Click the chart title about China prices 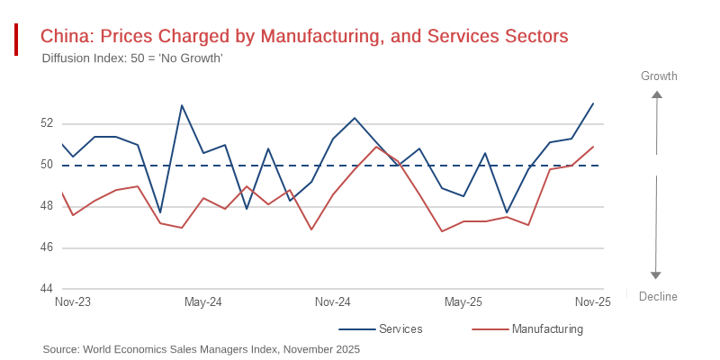coord(304,37)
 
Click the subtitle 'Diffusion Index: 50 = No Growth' coord(132,58)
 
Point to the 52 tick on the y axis coord(47,123)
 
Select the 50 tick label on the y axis coord(47,165)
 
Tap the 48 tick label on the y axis coord(47,206)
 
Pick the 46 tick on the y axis coord(47,247)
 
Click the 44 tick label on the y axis coord(47,289)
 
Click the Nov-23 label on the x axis coord(73,302)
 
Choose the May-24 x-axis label coord(202,302)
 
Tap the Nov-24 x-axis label coord(333,302)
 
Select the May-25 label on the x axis coord(463,302)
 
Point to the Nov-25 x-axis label coord(593,302)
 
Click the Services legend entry coord(400,329)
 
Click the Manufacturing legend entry coord(547,329)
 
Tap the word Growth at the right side coord(659,76)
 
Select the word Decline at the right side coord(658,296)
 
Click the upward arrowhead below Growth coord(657,94)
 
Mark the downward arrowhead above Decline coord(656,275)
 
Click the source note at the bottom coord(202,349)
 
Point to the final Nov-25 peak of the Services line coord(593,103)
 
